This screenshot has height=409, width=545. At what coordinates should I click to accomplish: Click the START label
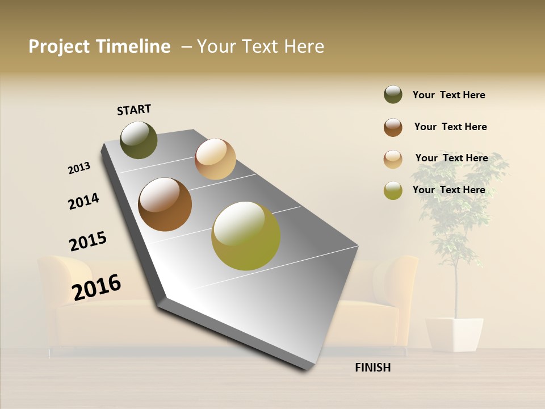tap(134, 110)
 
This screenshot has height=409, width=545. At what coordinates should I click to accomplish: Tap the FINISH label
tap(372, 368)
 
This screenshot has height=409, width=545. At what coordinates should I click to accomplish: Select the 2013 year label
tap(79, 168)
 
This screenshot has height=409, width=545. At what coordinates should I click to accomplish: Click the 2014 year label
tap(83, 201)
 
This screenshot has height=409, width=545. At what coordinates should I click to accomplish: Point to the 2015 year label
tap(88, 241)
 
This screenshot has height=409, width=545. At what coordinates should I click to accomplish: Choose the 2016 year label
tap(97, 287)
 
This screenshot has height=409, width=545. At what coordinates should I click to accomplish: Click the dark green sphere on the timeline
tap(139, 140)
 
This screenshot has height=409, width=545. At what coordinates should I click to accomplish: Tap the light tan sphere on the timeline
tap(215, 159)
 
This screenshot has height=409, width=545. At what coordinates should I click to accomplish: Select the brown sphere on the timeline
tap(165, 204)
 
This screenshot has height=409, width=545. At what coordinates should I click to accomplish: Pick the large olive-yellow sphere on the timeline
tap(246, 235)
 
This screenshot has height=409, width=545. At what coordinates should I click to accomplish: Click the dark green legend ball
tap(393, 95)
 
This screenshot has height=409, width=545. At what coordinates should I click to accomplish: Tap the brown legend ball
tap(393, 127)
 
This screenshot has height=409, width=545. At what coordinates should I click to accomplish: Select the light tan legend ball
tap(393, 159)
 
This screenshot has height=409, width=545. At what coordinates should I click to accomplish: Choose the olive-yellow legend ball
tap(393, 190)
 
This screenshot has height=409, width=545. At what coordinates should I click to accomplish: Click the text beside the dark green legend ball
tap(448, 95)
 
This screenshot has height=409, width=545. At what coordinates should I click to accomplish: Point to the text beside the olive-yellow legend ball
tap(448, 190)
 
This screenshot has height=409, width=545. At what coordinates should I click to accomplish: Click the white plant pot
tap(454, 334)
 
